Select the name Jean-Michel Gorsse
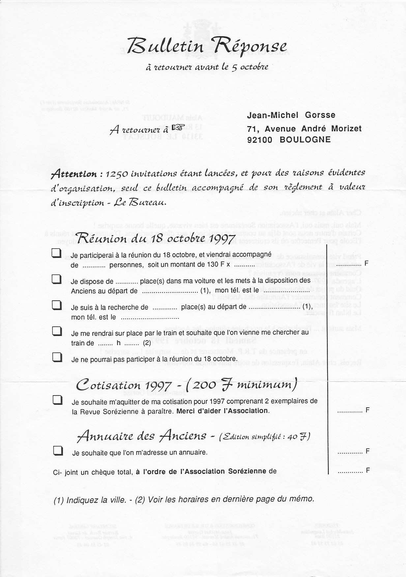coord(291,115)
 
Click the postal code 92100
coord(260,140)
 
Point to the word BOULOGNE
coord(305,140)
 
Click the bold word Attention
coord(74,174)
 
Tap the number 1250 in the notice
coord(116,174)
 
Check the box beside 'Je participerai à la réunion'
coord(57,253)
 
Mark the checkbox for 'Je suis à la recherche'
coord(57,305)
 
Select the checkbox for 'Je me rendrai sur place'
coord(57,331)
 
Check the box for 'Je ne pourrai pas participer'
coord(57,357)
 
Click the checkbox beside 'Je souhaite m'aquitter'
coord(58,400)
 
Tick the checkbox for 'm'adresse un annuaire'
coord(58,451)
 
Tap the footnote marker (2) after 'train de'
coord(147,343)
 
